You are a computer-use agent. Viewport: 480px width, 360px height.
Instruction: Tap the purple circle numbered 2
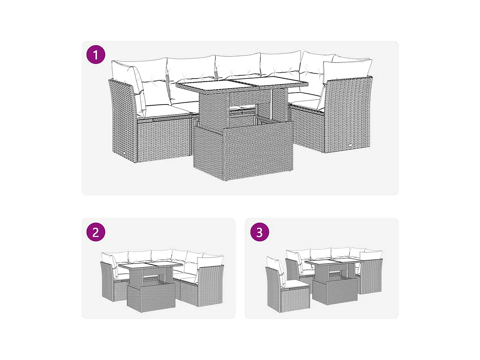pyautogui.click(x=96, y=232)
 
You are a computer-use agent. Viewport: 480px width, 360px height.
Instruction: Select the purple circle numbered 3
pyautogui.click(x=260, y=232)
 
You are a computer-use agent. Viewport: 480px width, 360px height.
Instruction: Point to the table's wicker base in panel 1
pyautogui.click(x=243, y=151)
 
